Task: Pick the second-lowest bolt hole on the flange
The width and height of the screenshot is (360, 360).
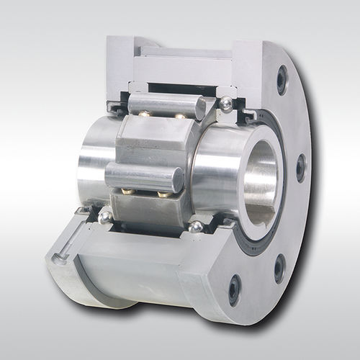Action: pyautogui.click(x=279, y=268)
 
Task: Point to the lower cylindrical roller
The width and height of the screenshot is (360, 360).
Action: pyautogui.click(x=144, y=177)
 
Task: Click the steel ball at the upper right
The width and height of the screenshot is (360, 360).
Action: pyautogui.click(x=227, y=104)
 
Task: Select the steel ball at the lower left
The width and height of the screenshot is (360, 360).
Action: pyautogui.click(x=106, y=216)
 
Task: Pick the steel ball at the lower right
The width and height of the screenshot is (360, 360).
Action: pyautogui.click(x=195, y=227)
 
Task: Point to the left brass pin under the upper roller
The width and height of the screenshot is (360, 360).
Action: pyautogui.click(x=144, y=114)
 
